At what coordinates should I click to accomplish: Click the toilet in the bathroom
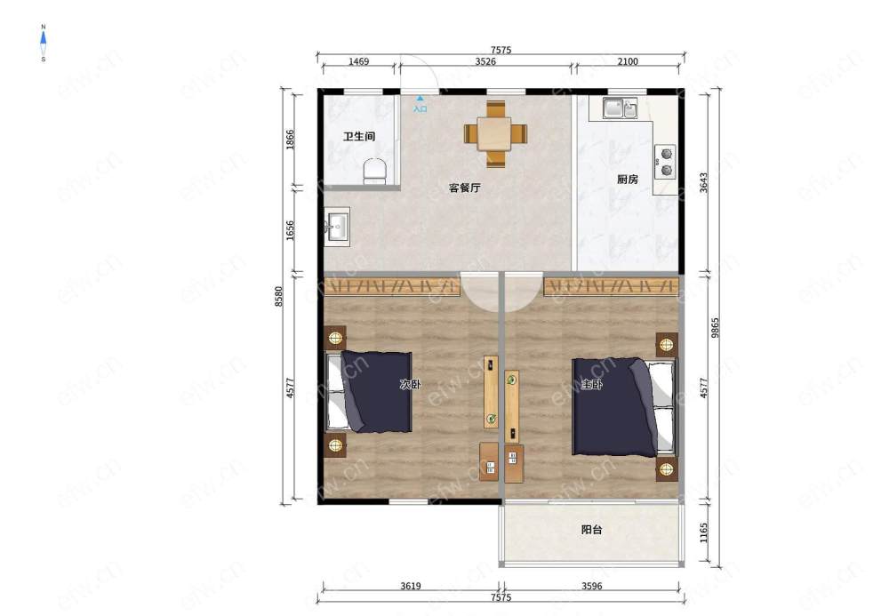tap(374, 171)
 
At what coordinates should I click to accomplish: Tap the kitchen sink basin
tap(620, 108)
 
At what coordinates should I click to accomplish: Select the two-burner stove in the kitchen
tap(665, 162)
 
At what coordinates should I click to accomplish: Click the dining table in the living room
tap(495, 133)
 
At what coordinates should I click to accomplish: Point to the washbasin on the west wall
tap(337, 227)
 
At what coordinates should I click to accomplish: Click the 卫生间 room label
tap(359, 137)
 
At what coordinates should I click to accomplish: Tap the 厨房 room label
tap(627, 179)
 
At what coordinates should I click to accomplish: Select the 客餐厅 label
tap(464, 188)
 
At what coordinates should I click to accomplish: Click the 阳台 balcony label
tap(591, 529)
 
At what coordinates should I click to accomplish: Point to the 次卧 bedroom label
tap(411, 384)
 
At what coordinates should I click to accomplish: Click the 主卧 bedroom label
tap(592, 384)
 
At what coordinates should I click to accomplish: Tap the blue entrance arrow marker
tap(420, 99)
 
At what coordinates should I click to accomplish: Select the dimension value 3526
tap(485, 61)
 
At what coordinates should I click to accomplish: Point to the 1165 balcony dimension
tap(703, 532)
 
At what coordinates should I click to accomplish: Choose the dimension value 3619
tap(411, 586)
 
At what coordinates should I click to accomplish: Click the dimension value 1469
tap(359, 61)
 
